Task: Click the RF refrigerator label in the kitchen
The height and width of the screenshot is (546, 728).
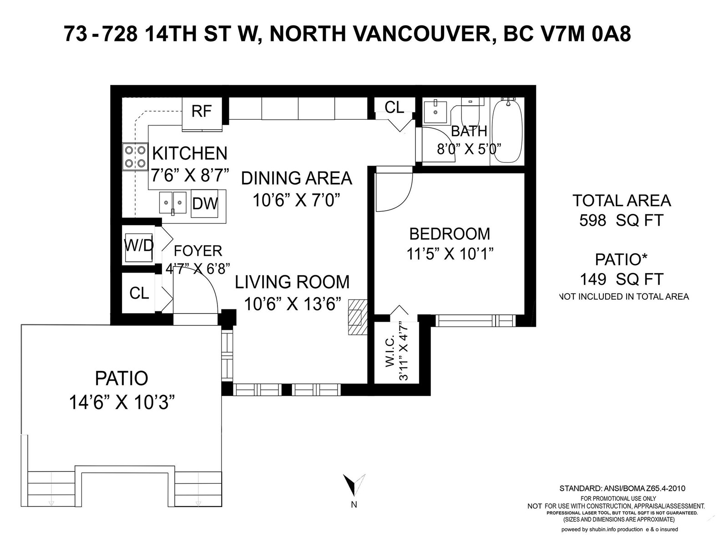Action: [x=201, y=111]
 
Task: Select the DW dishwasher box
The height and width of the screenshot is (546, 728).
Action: [x=205, y=203]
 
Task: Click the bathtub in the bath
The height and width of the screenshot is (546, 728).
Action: [x=507, y=131]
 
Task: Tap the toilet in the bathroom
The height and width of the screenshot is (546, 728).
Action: [x=470, y=113]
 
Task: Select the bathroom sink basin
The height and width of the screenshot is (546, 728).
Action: [x=435, y=111]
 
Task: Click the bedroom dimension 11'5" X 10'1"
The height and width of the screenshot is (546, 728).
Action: [x=450, y=254]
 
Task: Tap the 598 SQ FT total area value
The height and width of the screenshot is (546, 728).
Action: [x=622, y=220]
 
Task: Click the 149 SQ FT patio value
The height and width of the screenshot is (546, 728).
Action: [x=622, y=279]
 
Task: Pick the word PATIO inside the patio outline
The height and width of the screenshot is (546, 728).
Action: [x=121, y=378]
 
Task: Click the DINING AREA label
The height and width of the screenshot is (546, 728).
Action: [x=297, y=178]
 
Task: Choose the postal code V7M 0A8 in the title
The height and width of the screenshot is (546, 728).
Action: [x=567, y=34]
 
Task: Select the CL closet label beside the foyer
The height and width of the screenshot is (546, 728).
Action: [x=139, y=293]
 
